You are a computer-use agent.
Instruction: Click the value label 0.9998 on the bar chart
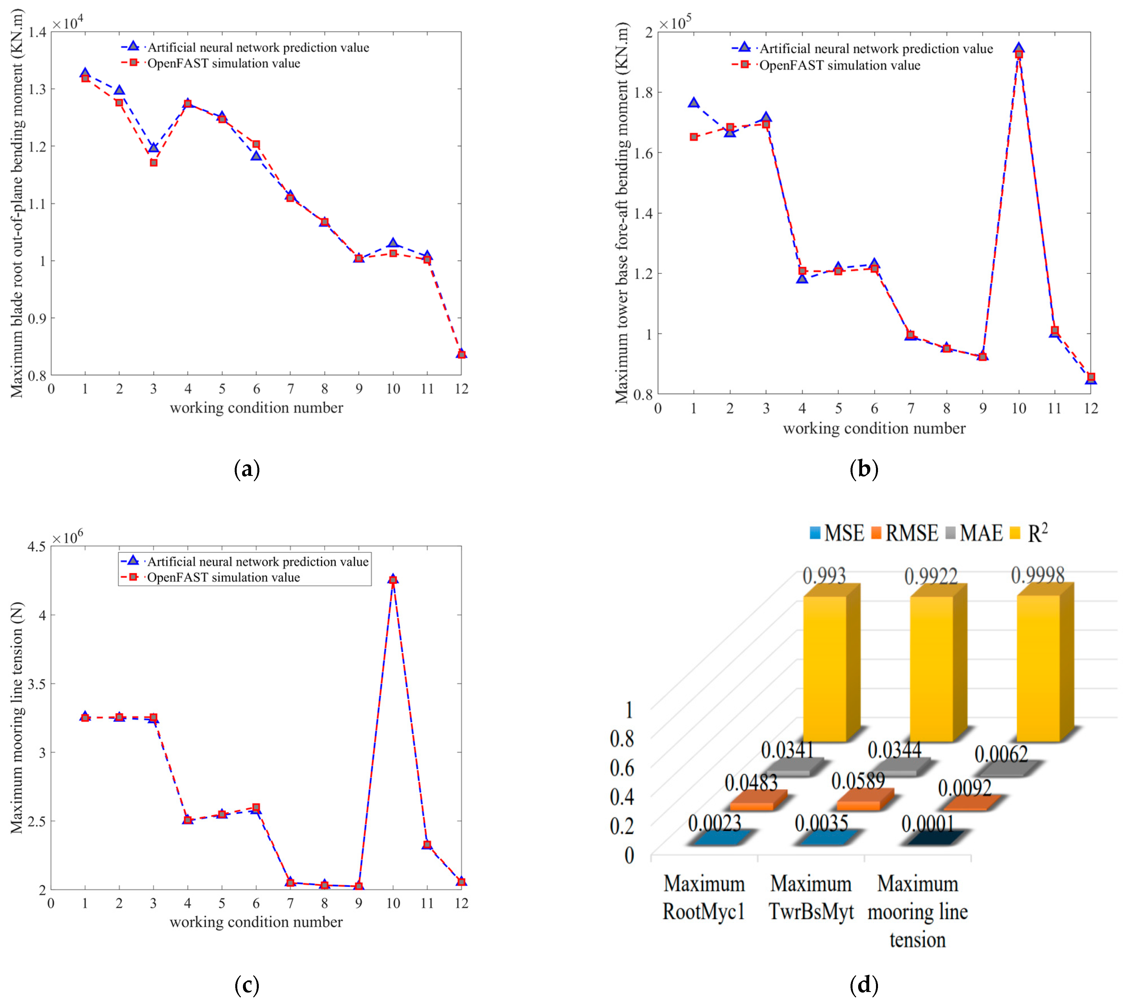[1038, 576]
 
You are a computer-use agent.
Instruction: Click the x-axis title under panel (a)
[256, 408]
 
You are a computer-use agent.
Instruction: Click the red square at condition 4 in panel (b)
[802, 271]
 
